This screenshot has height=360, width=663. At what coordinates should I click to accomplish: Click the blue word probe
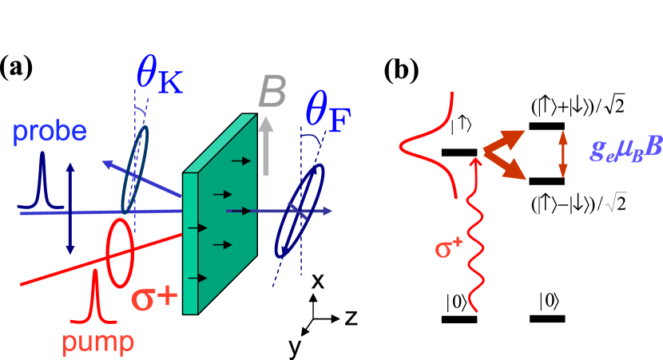tap(50, 133)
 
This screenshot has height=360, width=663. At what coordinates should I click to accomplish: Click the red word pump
tap(98, 342)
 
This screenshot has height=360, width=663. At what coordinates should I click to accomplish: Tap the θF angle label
tap(328, 113)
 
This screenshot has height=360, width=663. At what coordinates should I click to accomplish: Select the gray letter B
tap(272, 95)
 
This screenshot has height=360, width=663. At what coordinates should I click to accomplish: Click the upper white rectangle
tap(454, 45)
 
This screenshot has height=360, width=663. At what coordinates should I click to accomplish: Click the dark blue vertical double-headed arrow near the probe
tap(70, 208)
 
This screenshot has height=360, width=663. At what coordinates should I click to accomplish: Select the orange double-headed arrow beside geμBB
tap(563, 153)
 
